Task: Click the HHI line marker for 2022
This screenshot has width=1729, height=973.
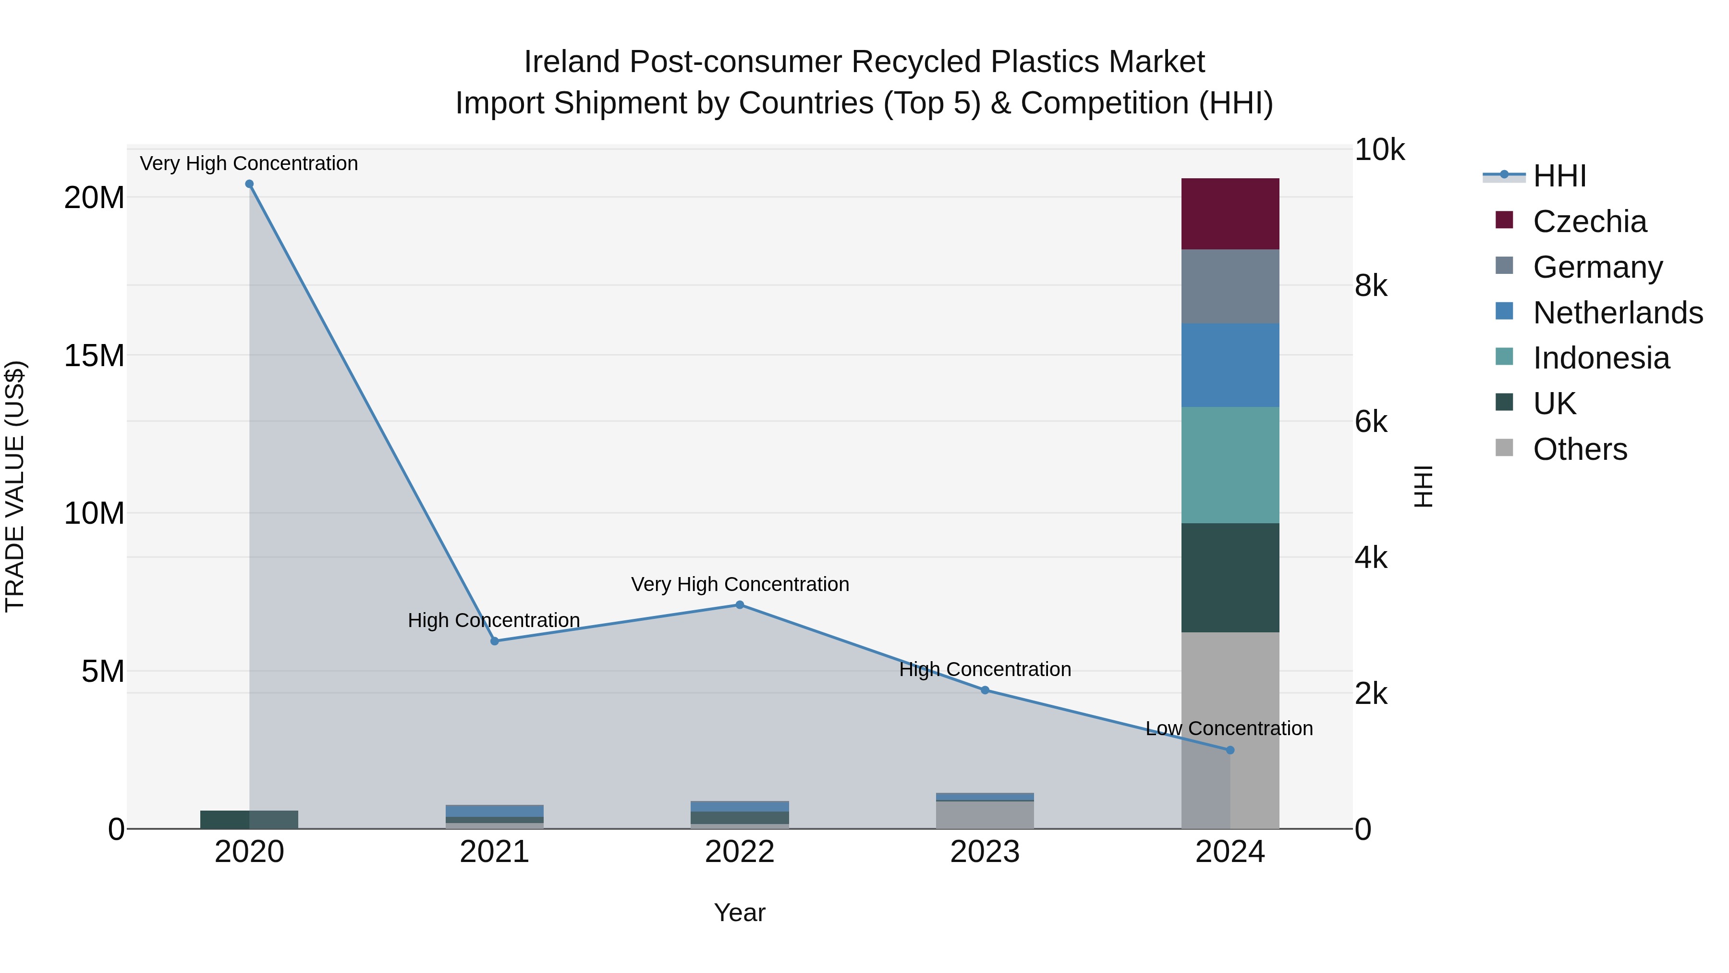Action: [x=740, y=604]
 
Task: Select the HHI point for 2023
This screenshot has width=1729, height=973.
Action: [x=985, y=690]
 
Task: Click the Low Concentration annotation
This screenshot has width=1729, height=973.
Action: [x=1229, y=728]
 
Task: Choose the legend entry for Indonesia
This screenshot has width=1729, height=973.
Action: [x=1601, y=358]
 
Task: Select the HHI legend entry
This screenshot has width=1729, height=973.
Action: [x=1559, y=176]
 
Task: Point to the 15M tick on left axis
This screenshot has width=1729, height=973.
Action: [x=94, y=356]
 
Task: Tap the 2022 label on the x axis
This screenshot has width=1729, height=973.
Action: [x=740, y=852]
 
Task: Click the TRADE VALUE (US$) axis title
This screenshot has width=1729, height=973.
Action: [x=15, y=486]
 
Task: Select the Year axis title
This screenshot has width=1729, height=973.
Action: [x=740, y=912]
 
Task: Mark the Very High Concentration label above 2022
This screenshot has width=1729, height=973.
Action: [x=740, y=584]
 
